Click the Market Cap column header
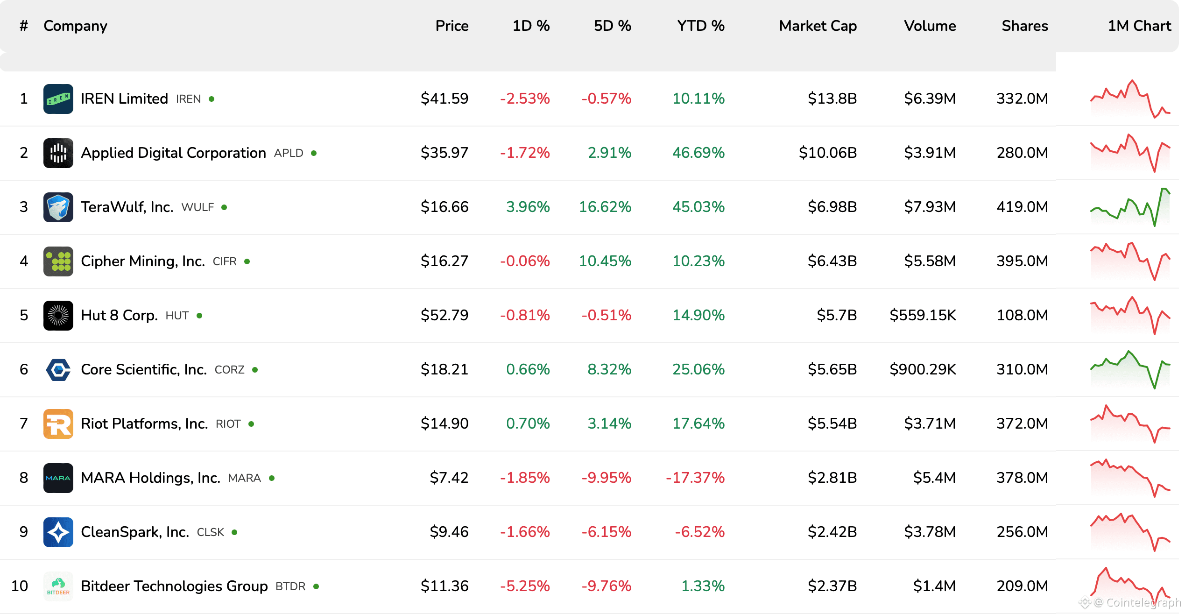[x=818, y=26]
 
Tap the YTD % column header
[x=701, y=26]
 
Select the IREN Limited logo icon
[x=58, y=99]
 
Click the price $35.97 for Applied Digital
[x=444, y=153]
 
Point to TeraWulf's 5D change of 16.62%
[x=605, y=207]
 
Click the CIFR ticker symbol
[x=225, y=261]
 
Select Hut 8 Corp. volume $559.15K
[x=923, y=315]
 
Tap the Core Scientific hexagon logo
[x=58, y=370]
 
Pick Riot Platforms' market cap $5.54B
[x=832, y=423]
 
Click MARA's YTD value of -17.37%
[x=695, y=478]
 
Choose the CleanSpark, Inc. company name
[x=135, y=532]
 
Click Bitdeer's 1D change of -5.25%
[x=525, y=586]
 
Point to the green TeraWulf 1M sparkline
[x=1130, y=207]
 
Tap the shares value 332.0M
[x=1022, y=99]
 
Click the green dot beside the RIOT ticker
[x=251, y=424]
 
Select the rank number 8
[x=24, y=478]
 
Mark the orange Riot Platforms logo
[x=58, y=423]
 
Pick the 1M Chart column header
[x=1139, y=26]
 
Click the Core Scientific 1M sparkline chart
[x=1130, y=369]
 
